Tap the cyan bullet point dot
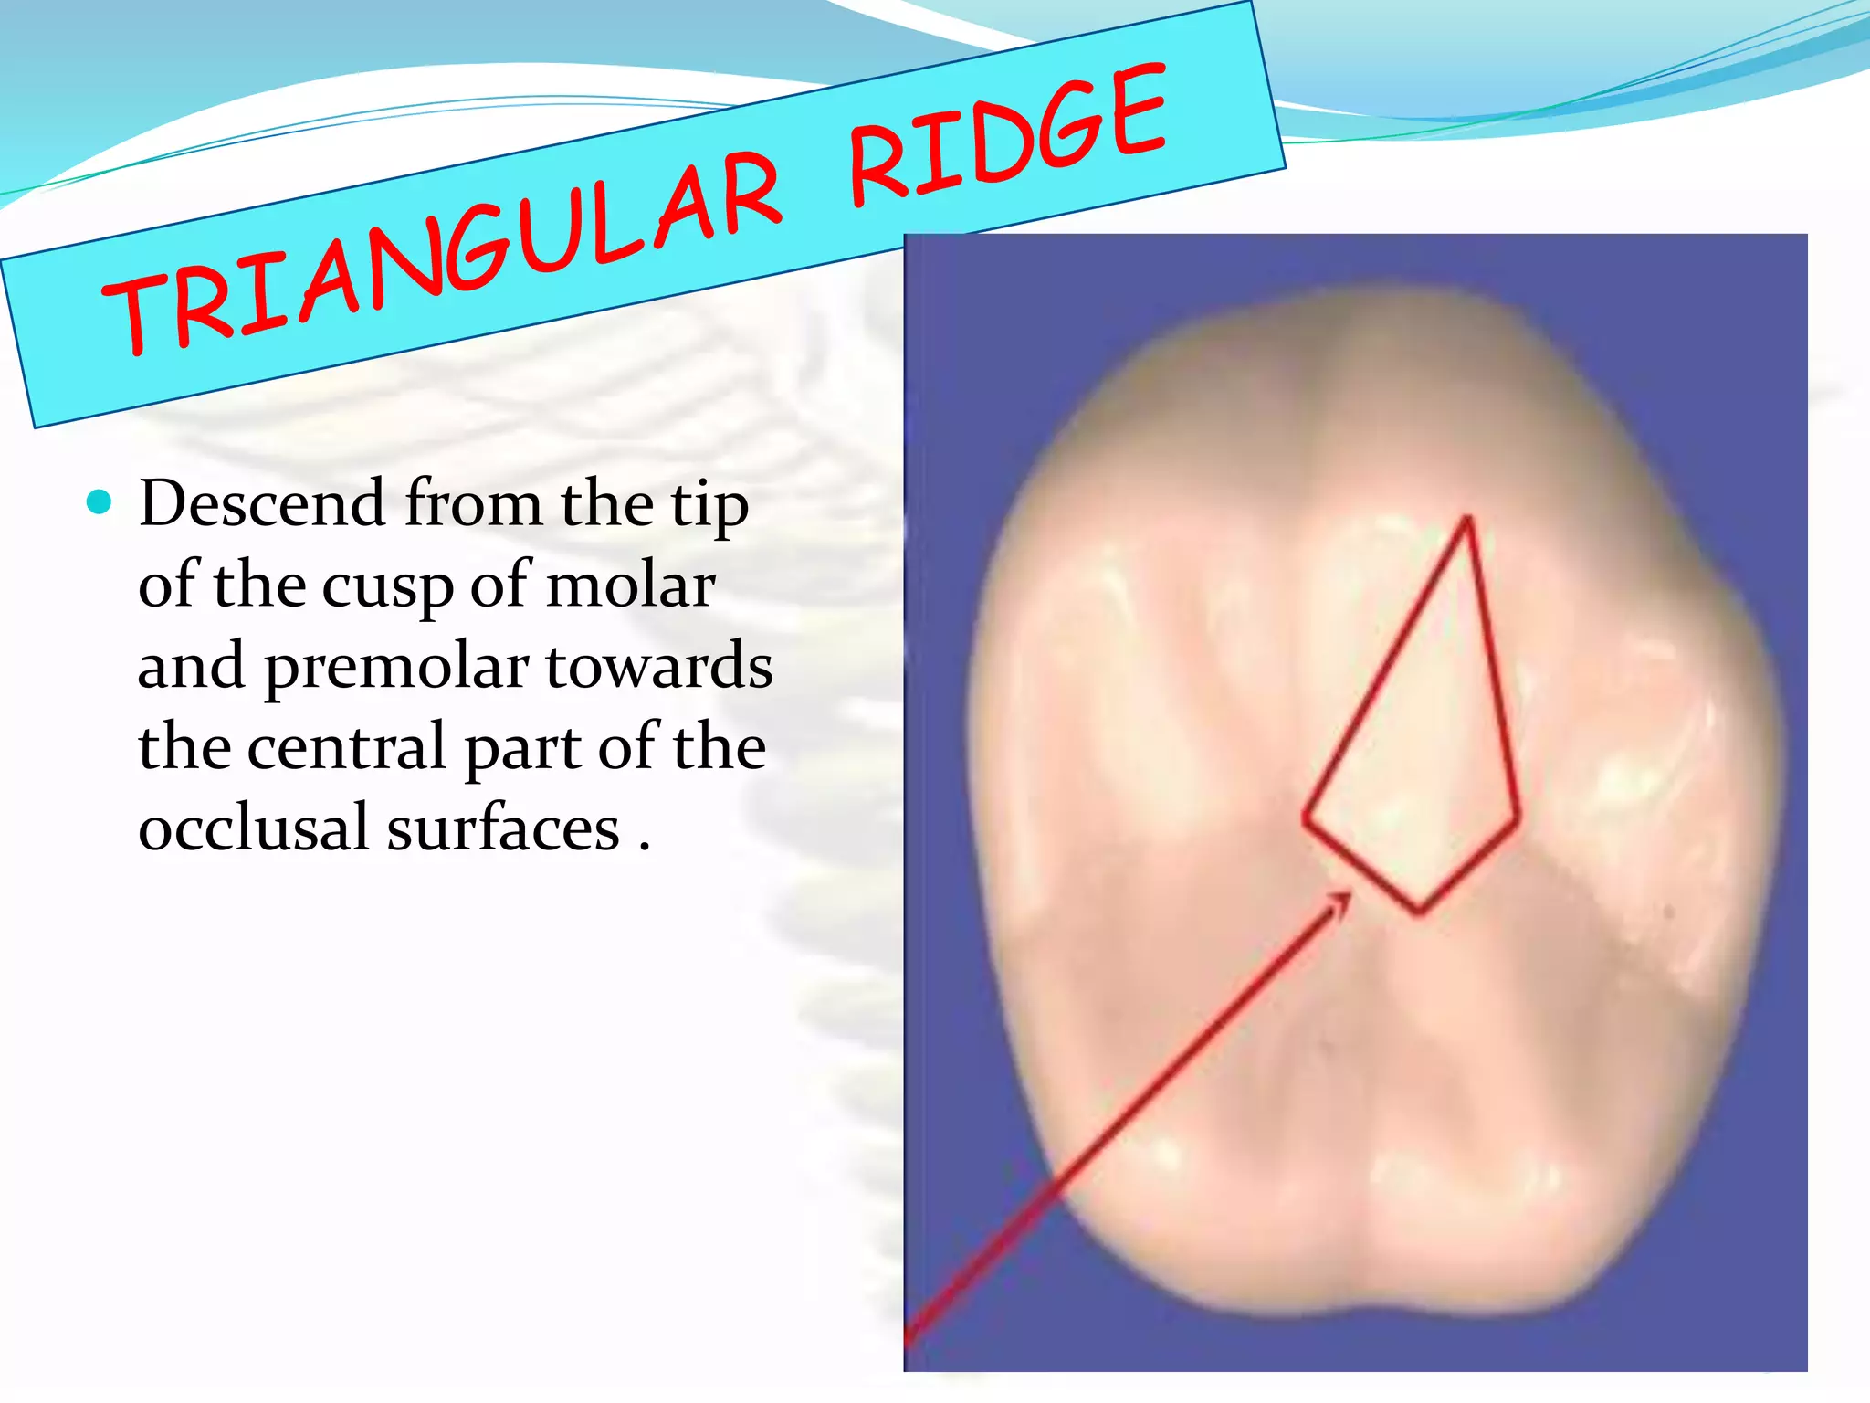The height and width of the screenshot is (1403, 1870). (x=99, y=501)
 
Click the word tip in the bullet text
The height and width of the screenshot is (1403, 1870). (x=709, y=505)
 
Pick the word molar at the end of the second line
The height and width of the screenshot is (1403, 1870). (x=631, y=585)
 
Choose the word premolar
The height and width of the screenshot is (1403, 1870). (x=397, y=668)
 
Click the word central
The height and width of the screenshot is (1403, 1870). (x=347, y=747)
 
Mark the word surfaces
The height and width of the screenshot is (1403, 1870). (x=503, y=828)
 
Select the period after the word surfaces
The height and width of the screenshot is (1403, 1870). (x=645, y=846)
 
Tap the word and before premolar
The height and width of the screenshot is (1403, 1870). (x=191, y=666)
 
